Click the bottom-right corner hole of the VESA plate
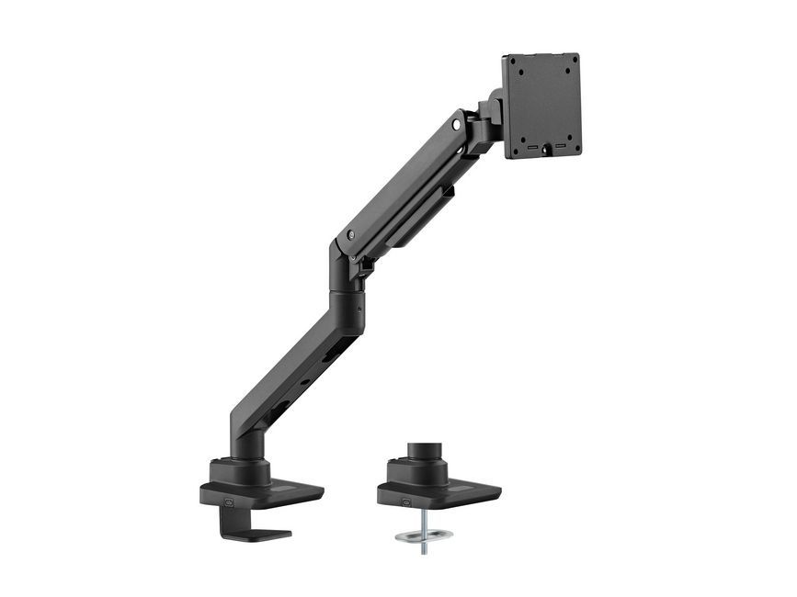pyautogui.click(x=571, y=140)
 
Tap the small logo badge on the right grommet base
pyautogui.click(x=405, y=501)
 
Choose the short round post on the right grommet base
pyautogui.click(x=425, y=454)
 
